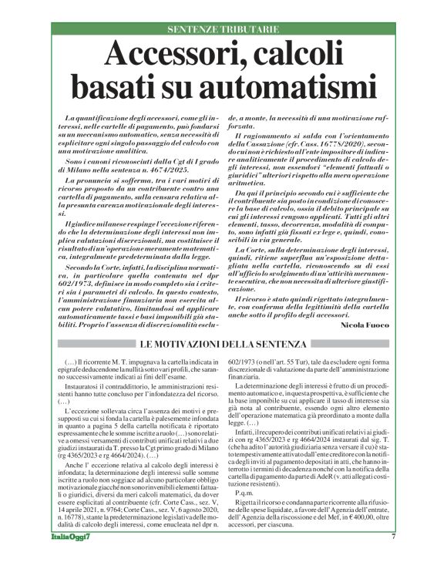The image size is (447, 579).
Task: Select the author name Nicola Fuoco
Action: [x=366, y=325]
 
